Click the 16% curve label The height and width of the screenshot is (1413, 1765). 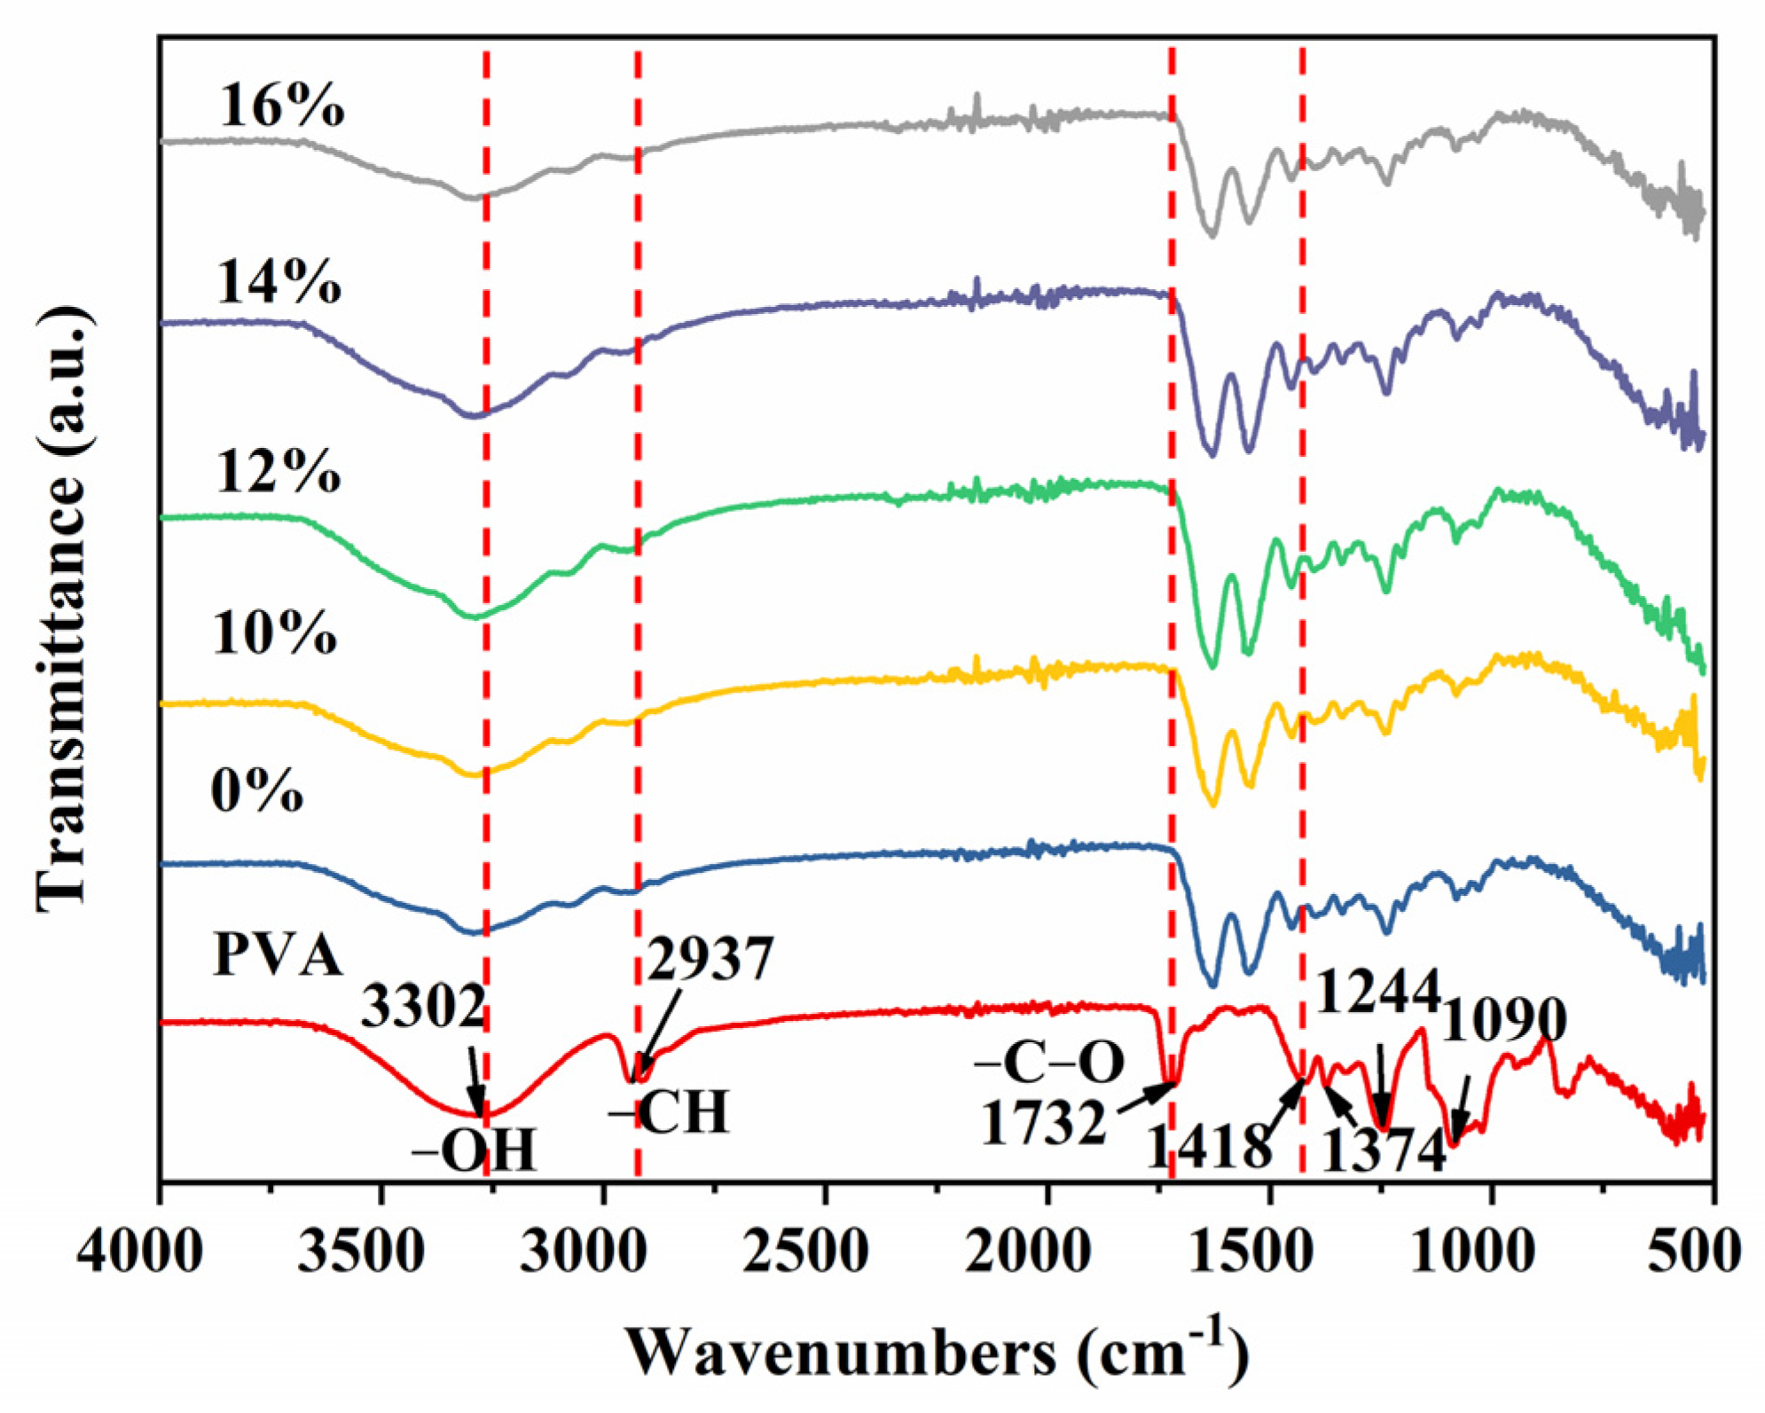[281, 106]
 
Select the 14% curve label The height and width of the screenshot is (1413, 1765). [278, 283]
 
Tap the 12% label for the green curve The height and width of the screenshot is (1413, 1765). [278, 471]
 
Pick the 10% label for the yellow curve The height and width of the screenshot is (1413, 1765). [275, 634]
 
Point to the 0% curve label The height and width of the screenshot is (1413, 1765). [257, 791]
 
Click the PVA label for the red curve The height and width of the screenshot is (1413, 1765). [278, 956]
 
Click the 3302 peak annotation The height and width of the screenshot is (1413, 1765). [423, 1008]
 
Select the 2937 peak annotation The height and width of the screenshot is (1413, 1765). [710, 959]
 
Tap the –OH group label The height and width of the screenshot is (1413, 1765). [475, 1152]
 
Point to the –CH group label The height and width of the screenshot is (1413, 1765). [670, 1113]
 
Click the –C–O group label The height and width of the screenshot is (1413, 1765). [1049, 1063]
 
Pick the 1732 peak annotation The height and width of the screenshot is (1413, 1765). [1044, 1123]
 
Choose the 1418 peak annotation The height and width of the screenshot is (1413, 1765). [1209, 1148]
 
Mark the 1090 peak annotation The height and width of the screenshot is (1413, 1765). [1505, 1020]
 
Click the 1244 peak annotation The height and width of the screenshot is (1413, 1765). [1377, 991]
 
